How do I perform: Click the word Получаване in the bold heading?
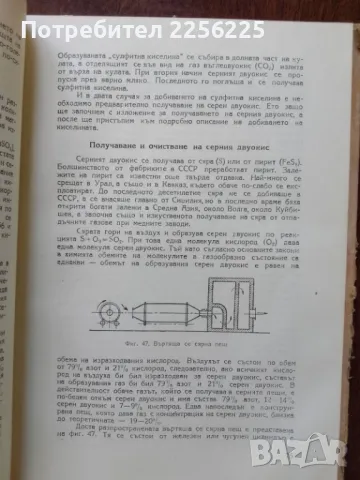click(x=130, y=147)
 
